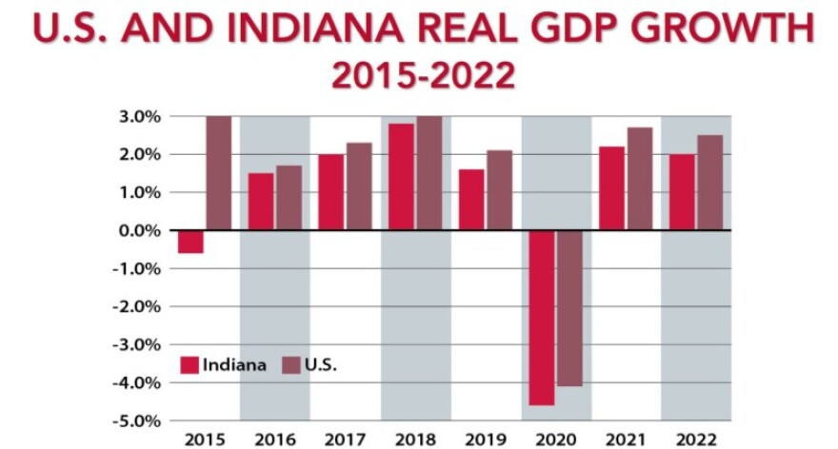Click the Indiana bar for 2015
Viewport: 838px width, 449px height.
[190, 242]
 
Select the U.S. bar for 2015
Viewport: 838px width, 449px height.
[219, 173]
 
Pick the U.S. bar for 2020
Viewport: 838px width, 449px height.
[569, 308]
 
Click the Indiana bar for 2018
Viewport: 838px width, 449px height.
[401, 177]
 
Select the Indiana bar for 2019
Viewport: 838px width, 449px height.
[471, 200]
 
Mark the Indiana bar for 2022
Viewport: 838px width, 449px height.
[682, 192]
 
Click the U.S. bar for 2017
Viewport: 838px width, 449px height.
[359, 186]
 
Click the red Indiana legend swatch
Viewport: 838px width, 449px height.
[189, 364]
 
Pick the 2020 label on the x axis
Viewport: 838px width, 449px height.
[556, 439]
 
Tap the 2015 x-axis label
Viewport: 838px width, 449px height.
[204, 439]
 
